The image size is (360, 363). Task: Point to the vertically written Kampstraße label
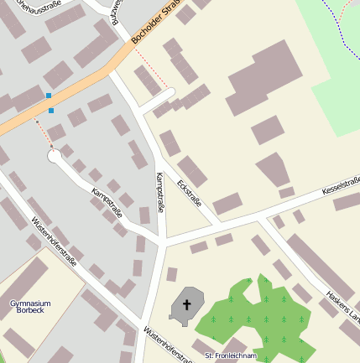[160, 192]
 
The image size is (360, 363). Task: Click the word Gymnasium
[30, 303]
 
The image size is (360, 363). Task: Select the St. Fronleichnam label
[232, 355]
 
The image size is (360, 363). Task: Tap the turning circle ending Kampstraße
[54, 156]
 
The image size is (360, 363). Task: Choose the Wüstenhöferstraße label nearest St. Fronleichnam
[168, 344]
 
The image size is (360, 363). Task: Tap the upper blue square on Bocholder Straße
[49, 96]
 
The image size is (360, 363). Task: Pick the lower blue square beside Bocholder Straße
[51, 110]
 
